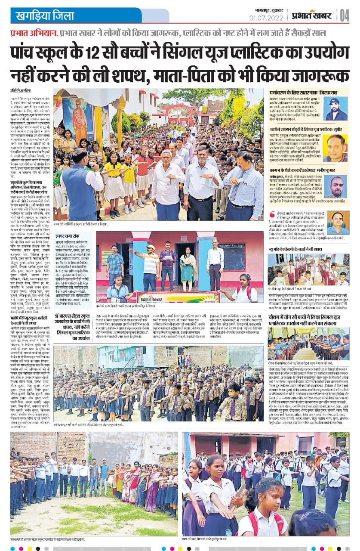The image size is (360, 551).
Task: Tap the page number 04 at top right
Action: (345, 15)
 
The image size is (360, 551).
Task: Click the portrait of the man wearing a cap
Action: (336, 108)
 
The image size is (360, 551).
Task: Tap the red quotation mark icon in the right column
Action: (271, 214)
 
